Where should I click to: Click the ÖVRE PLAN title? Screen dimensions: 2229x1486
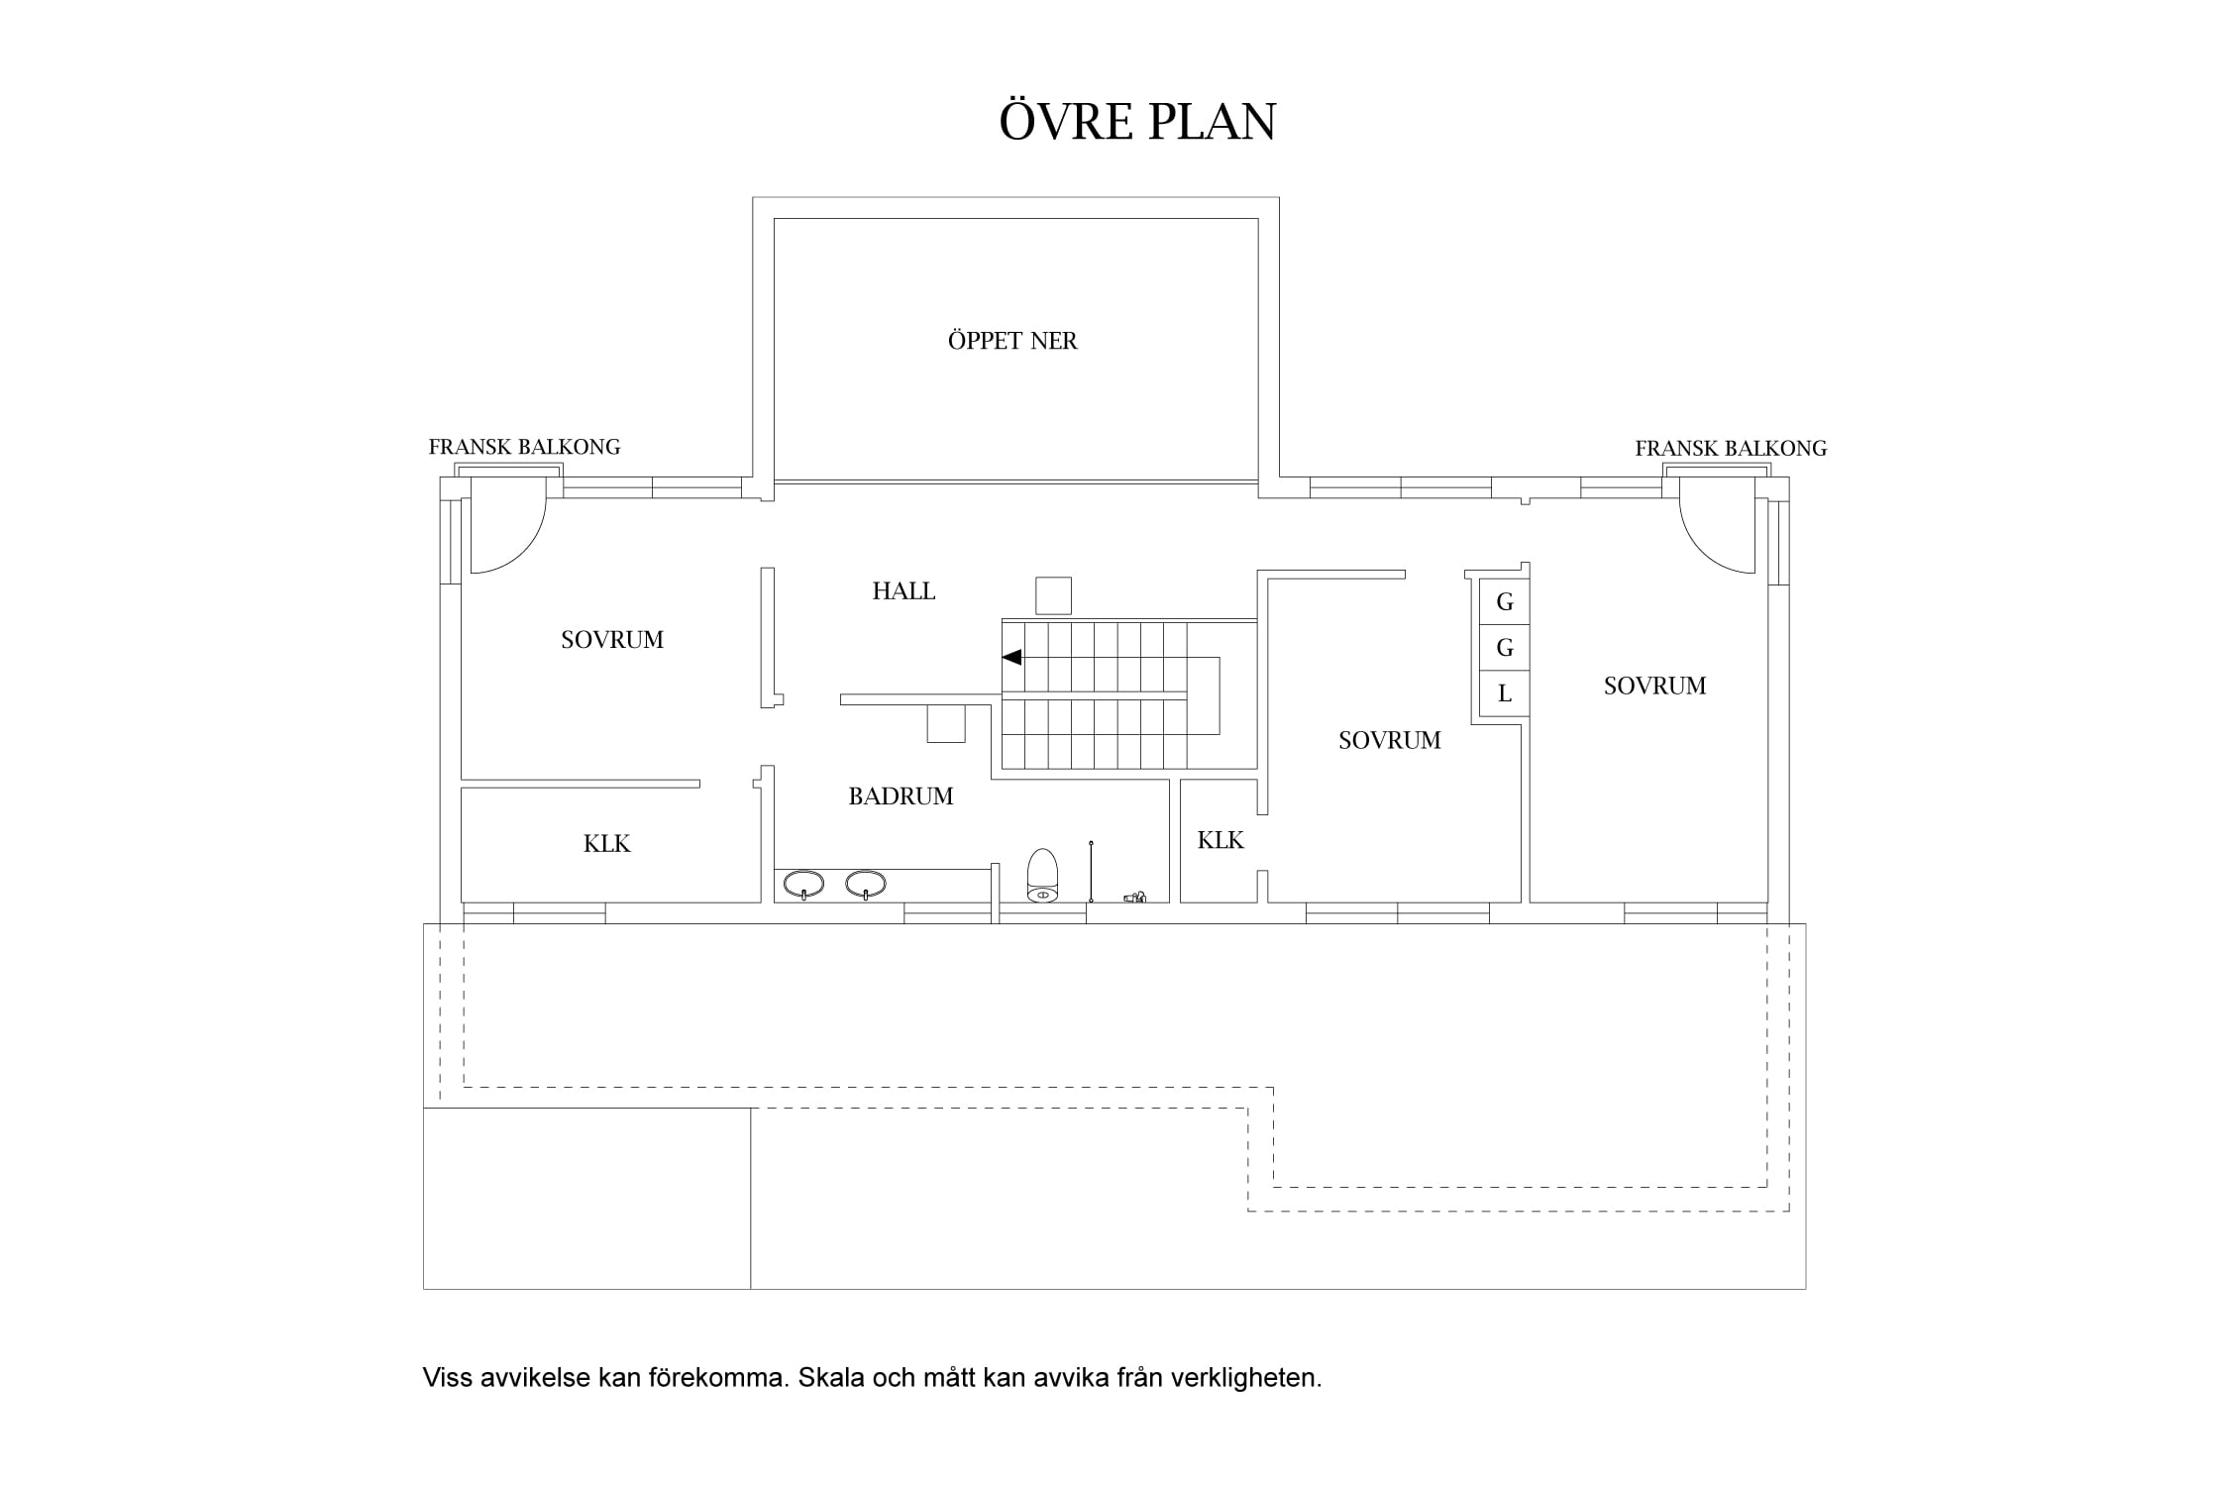[1137, 120]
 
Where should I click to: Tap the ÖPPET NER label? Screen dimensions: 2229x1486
[1012, 341]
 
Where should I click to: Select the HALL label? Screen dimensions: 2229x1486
[903, 591]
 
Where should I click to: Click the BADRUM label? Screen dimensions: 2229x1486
[901, 796]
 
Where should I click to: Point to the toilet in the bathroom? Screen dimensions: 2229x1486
[1042, 876]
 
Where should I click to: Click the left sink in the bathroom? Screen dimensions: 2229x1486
[803, 884]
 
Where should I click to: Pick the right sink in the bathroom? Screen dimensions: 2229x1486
[866, 884]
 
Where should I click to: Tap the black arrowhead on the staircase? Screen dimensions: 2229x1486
[1011, 657]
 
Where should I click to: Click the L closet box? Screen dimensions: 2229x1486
[1505, 693]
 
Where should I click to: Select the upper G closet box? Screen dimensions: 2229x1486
[1505, 602]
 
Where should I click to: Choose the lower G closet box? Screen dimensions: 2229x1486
[1505, 648]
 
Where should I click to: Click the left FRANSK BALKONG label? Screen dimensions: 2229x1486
[524, 447]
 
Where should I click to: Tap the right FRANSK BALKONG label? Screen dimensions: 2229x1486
[1731, 449]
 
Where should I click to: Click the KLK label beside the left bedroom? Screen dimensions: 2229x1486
[606, 844]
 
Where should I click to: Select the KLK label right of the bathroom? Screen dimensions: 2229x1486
[1221, 841]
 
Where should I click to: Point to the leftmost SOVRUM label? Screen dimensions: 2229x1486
[612, 640]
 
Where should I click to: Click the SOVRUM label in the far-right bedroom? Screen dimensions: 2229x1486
[1655, 686]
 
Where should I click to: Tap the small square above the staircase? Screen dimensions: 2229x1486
[1053, 596]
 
